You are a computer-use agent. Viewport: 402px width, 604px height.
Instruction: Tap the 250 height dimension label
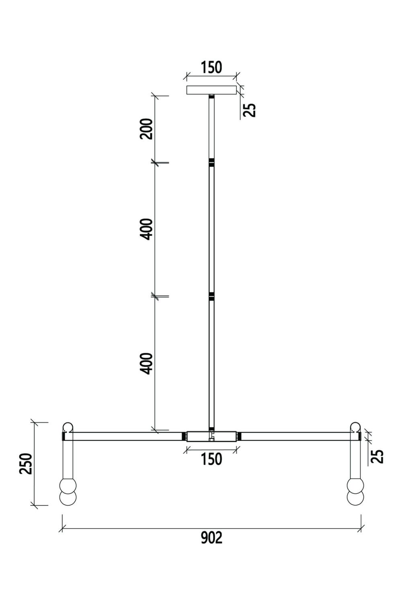[26, 463]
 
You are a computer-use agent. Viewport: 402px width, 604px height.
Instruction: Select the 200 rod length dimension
[146, 128]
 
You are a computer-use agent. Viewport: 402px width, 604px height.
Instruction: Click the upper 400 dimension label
[146, 229]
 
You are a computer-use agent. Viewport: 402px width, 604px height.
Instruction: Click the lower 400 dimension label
[146, 364]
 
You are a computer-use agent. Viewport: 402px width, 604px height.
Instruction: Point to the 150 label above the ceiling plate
[211, 67]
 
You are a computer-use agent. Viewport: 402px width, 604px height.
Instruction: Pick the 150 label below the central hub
[211, 459]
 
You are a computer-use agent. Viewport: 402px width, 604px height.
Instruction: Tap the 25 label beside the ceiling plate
[249, 110]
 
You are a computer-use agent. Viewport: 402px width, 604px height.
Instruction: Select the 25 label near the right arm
[377, 456]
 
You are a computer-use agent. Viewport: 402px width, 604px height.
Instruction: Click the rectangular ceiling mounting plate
[211, 90]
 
